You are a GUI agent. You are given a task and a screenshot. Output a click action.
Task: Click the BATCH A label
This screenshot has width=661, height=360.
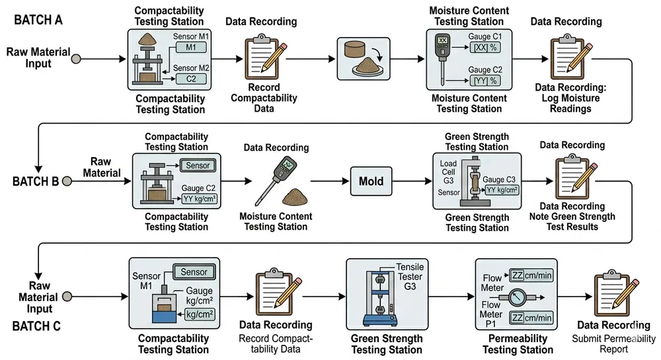click(38, 19)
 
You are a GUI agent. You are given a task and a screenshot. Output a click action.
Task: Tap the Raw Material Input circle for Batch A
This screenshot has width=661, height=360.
click(76, 59)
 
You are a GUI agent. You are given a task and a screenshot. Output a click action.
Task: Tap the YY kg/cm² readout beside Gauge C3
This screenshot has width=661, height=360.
click(502, 190)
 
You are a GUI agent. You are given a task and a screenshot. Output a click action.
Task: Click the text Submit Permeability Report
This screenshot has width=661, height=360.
click(611, 343)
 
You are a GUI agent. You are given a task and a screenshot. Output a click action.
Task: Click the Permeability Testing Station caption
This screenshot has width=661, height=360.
click(518, 344)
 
